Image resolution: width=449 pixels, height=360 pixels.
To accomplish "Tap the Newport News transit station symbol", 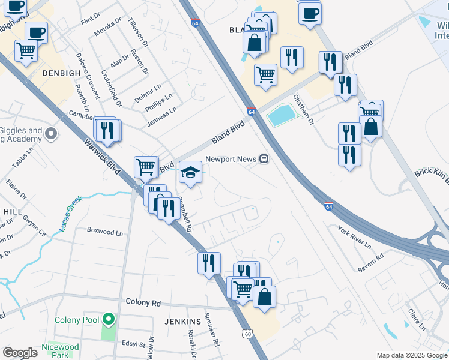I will [263, 159].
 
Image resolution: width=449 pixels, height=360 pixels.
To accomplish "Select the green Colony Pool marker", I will [108, 319].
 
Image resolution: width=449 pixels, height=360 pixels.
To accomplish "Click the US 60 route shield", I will [247, 333].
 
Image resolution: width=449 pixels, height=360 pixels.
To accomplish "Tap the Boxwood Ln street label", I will [104, 231].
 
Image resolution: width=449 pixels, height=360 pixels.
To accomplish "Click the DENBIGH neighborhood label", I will [61, 73].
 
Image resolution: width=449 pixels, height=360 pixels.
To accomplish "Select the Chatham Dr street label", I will [303, 109].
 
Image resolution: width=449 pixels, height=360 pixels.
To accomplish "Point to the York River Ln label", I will [354, 238].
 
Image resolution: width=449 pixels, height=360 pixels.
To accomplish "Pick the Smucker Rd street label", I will [209, 329].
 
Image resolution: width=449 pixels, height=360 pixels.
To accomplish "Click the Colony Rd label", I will [143, 303].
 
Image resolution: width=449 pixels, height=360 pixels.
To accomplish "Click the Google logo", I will [20, 353].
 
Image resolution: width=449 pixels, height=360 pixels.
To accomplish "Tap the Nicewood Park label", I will [60, 351].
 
